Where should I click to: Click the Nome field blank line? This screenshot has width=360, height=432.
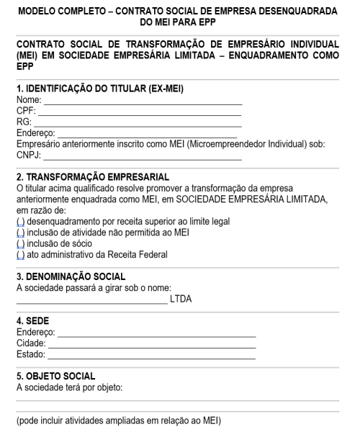[x=142, y=103]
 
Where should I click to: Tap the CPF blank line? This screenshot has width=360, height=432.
[x=139, y=113]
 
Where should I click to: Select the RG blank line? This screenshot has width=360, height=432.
[x=137, y=123]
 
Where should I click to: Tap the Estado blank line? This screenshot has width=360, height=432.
[x=150, y=355]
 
